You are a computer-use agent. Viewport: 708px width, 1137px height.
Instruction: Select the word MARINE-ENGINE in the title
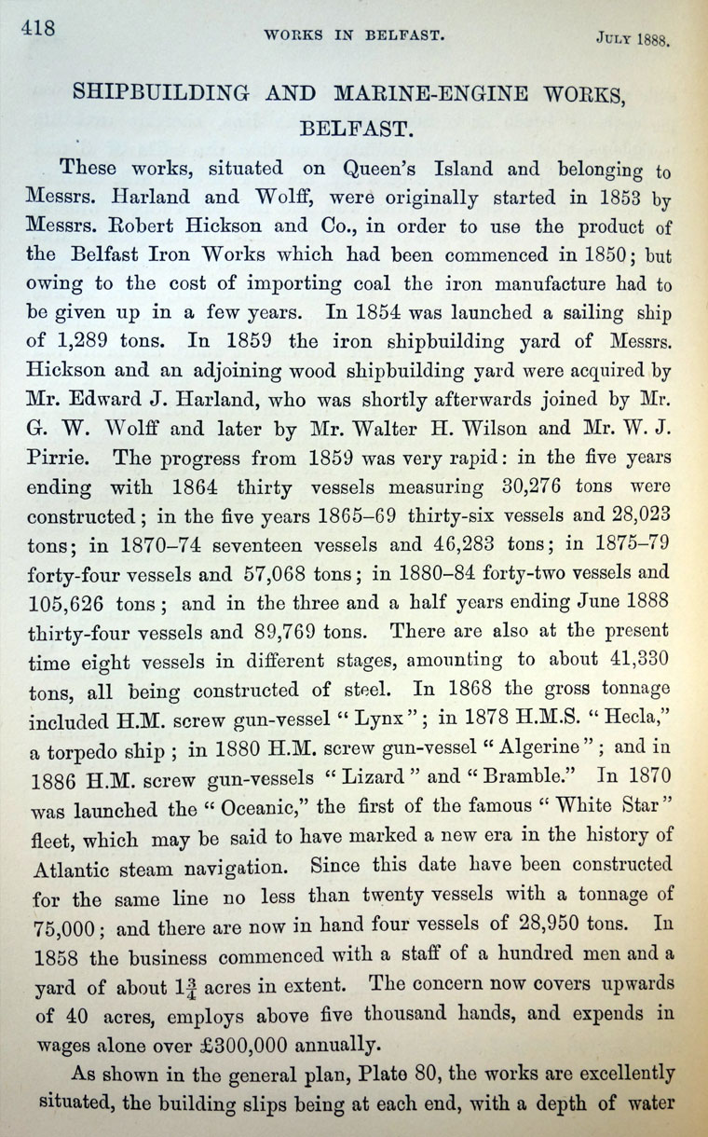pos(402,96)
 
